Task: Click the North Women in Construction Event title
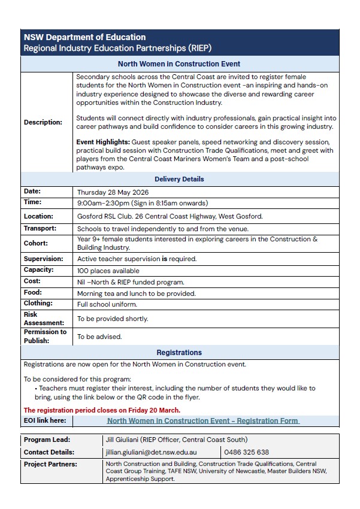pos(179,64)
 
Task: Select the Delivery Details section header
pos(179,179)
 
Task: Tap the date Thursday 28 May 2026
pos(113,192)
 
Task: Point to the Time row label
pos(32,202)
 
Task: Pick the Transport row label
pos(40,228)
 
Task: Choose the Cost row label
pos(32,281)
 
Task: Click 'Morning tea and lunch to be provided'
pos(135,293)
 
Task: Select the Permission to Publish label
pos(45,336)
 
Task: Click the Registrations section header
pos(179,353)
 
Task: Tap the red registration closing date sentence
pos(102,410)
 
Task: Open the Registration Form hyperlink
pos(203,421)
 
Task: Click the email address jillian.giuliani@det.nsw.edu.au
pos(151,452)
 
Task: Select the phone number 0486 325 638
pos(247,452)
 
